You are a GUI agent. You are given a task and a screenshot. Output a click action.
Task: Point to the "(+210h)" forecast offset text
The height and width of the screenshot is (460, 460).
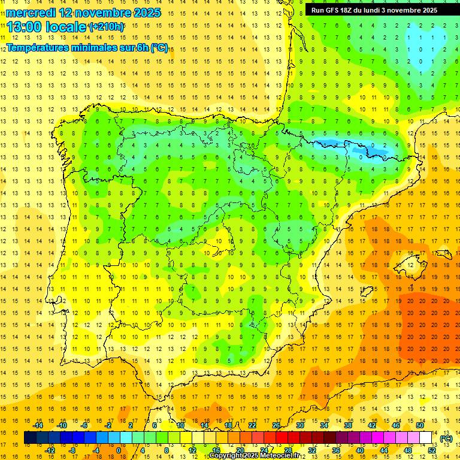pos(107,27)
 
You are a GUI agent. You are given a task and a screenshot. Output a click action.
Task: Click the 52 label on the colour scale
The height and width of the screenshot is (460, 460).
pos(432,450)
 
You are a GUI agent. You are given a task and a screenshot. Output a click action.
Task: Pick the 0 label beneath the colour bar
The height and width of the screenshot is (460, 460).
pos(118,450)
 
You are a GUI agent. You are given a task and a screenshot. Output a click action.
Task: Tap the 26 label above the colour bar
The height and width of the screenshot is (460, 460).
pos(276,425)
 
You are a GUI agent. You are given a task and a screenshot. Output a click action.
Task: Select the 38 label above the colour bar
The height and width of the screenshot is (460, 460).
pos(348,425)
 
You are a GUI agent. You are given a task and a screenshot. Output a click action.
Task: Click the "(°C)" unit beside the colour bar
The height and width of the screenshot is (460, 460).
pos(446,438)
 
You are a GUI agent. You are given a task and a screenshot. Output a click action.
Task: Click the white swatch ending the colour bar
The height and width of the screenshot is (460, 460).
pos(425,438)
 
